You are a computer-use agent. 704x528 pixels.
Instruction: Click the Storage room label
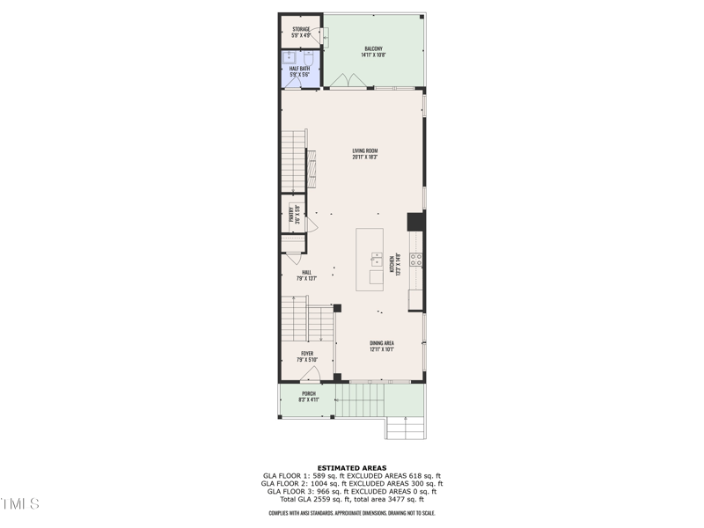tap(302, 33)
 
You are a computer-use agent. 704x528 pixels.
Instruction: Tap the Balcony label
tap(374, 52)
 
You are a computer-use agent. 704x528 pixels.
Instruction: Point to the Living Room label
tap(364, 155)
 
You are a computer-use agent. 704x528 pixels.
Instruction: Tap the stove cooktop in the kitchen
tap(415, 260)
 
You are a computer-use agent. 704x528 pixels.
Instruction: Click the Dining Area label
tap(381, 346)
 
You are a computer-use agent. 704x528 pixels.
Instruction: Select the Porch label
tap(308, 396)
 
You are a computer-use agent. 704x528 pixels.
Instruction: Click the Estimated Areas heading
tap(351, 468)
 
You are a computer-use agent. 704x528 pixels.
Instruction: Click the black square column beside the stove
tap(414, 222)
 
